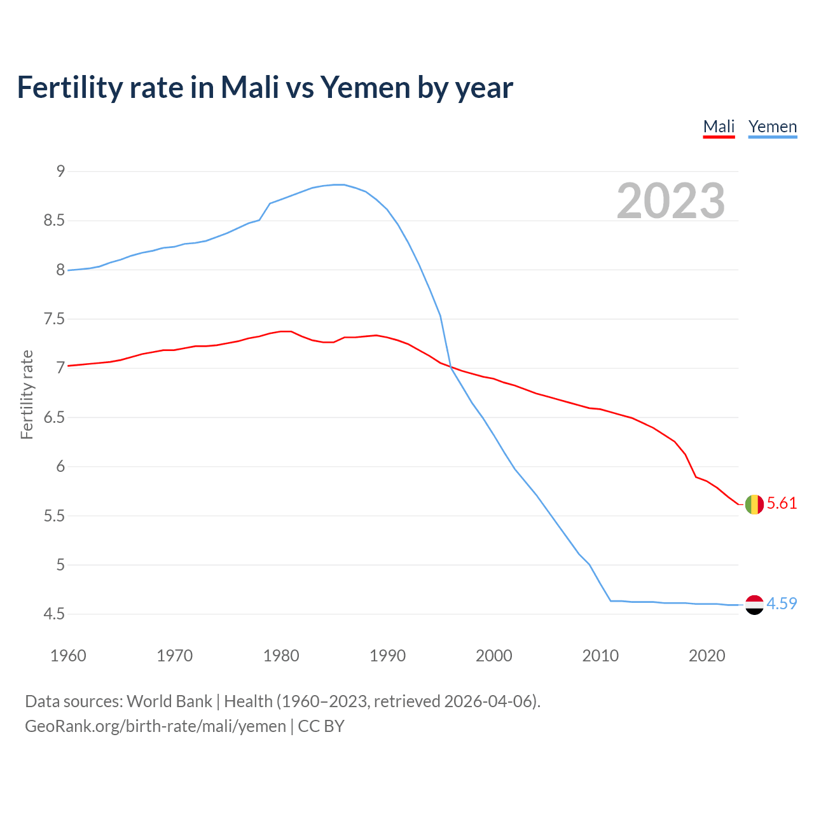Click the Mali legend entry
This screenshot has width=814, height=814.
coord(719,127)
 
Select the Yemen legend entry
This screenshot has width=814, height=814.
coord(772,127)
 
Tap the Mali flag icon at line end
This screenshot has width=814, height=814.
coord(754,504)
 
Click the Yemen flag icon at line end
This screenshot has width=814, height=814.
coord(754,605)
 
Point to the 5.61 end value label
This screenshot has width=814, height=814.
coord(782,504)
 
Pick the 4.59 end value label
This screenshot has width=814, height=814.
coord(782,604)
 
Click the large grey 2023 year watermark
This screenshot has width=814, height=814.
coord(670,202)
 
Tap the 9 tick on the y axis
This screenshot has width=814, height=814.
coord(60,171)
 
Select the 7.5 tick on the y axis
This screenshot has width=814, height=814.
coord(54,319)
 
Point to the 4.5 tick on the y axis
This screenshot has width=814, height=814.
coord(54,614)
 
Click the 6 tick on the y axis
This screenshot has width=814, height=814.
coord(60,466)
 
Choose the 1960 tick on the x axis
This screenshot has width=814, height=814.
coord(68,656)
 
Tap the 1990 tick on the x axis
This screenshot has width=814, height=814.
coord(387,656)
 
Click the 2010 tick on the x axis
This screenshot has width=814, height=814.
coord(600,656)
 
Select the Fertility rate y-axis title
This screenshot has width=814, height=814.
coord(27,394)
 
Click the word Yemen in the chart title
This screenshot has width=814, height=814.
coord(365,88)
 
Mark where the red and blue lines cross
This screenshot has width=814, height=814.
coord(450,367)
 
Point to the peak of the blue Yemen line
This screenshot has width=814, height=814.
coord(338,184)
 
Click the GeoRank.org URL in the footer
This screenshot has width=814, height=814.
coord(155,726)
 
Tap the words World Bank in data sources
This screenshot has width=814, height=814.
coord(169,701)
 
